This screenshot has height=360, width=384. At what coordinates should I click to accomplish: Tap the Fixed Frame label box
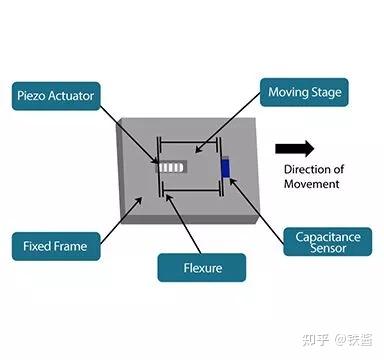point(56,244)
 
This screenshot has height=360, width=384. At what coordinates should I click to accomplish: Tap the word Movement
point(311,183)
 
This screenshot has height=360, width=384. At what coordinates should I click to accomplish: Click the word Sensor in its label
point(322,248)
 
